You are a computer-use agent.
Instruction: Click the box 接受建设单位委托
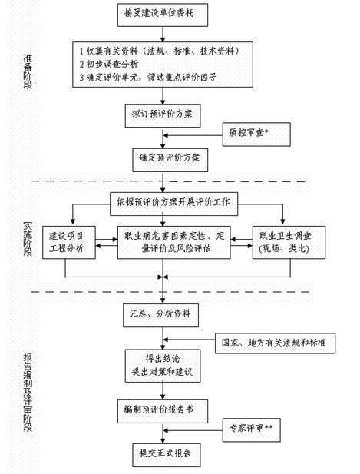tap(161, 13)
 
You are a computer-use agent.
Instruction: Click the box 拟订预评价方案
tap(161, 114)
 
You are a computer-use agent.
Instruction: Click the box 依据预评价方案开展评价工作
tap(177, 203)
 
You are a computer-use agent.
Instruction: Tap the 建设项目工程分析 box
tap(71, 242)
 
